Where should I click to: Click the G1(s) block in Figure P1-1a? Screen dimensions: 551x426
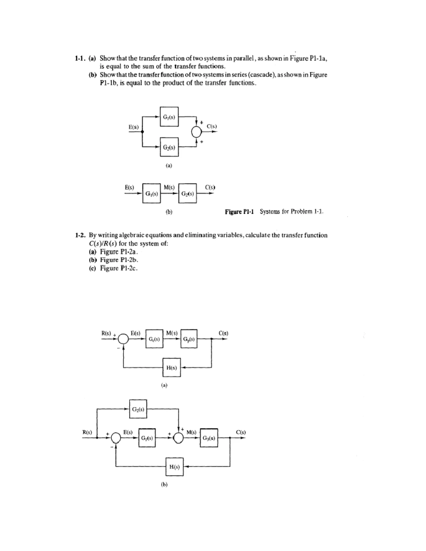(x=169, y=117)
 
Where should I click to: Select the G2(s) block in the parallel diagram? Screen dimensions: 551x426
(x=169, y=147)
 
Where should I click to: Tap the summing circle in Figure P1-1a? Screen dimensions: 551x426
(x=196, y=132)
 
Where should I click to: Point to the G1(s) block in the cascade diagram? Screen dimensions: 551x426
(x=152, y=193)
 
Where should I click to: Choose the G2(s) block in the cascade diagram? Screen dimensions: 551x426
(x=188, y=193)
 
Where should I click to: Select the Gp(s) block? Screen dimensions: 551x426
(x=189, y=339)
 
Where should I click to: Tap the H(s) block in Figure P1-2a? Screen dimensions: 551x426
(x=171, y=368)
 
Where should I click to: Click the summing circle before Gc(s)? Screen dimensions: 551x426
(x=123, y=339)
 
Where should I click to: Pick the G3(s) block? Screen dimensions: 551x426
(x=209, y=438)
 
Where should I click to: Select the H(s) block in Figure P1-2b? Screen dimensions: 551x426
(x=174, y=467)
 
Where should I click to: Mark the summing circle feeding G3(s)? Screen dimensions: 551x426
(x=179, y=438)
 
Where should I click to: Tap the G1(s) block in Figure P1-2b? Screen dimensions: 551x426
(x=147, y=438)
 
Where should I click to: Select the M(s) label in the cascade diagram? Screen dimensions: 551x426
(x=169, y=187)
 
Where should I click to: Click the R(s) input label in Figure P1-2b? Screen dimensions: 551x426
(x=87, y=432)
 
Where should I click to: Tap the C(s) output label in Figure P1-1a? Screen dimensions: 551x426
(x=212, y=126)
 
